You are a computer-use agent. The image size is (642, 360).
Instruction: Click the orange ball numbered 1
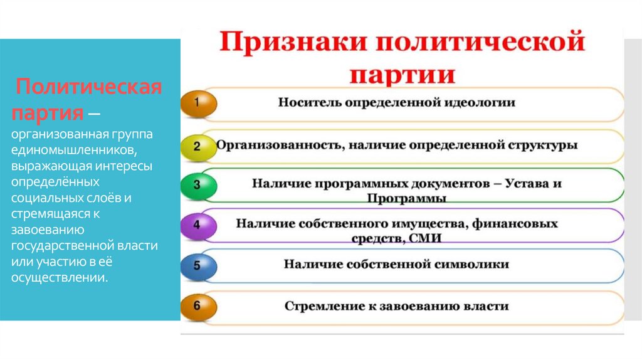point(198,103)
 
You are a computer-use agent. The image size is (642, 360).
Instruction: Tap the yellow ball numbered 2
point(198,146)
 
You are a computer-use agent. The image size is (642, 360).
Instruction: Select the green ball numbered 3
point(198,186)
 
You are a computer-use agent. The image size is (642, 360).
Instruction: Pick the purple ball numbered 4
point(198,225)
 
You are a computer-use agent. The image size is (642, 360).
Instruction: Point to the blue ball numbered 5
point(198,265)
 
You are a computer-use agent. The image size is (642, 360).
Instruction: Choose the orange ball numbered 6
point(198,306)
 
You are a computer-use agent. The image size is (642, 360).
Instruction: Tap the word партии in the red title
point(401,75)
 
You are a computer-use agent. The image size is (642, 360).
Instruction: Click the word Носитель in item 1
point(308,103)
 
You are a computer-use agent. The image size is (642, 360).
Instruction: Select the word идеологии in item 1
point(482,103)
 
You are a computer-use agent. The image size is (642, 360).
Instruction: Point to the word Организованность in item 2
point(275,145)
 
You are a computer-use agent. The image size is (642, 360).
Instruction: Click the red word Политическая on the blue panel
point(88,87)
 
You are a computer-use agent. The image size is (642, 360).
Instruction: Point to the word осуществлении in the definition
point(59,277)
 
